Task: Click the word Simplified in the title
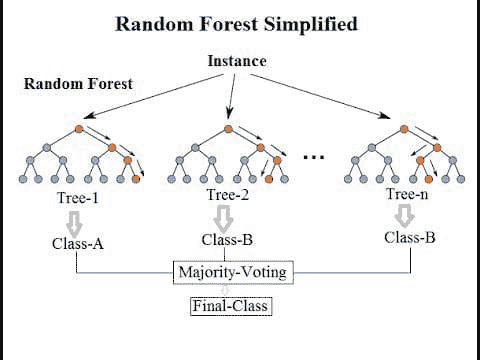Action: [x=311, y=25]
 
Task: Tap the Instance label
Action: [x=237, y=61]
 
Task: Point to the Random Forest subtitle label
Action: [x=78, y=83]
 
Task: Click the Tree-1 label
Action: [x=78, y=198]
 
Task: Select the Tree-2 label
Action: [x=228, y=195]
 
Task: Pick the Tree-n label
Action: [x=407, y=194]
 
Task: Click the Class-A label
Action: [x=78, y=244]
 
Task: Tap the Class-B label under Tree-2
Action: [x=227, y=240]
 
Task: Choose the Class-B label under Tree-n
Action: [x=410, y=237]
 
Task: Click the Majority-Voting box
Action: [x=233, y=272]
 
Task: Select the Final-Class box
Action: [x=231, y=306]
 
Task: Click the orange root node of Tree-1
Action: [x=79, y=129]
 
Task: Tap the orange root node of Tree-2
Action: [x=228, y=129]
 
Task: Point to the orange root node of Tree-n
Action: [x=404, y=129]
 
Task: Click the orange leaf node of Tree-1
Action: [x=136, y=179]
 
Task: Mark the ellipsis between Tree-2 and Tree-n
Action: [x=314, y=157]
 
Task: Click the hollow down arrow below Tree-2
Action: [x=224, y=219]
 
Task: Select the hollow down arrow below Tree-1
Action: [x=74, y=224]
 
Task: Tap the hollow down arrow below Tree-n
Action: [x=404, y=216]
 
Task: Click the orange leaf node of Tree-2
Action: [x=269, y=179]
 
